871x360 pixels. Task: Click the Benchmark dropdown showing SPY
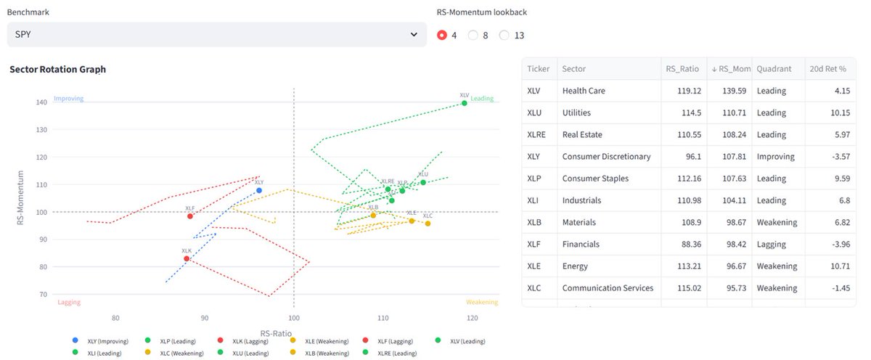pos(216,34)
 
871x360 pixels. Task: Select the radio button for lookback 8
pos(474,35)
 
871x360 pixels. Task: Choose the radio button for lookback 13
pos(505,35)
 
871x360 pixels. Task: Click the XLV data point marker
pos(465,103)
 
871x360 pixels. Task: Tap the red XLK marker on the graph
pos(187,258)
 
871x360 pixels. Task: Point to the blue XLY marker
pos(259,190)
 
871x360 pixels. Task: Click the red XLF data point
pos(190,216)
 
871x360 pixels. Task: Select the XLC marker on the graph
pos(428,224)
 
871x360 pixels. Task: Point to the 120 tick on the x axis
pos(473,318)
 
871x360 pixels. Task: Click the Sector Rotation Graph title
pos(57,70)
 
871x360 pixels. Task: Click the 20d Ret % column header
pos(827,69)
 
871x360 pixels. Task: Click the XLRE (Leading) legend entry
pos(396,353)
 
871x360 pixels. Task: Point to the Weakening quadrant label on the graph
pos(482,303)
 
